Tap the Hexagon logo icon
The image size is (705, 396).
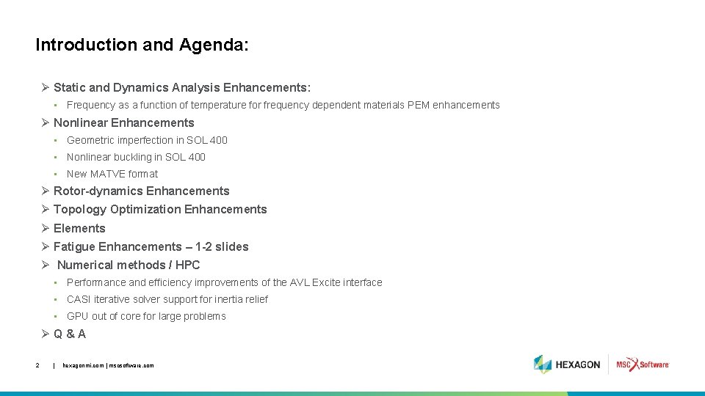coord(543,364)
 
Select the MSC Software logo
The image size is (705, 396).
coord(643,364)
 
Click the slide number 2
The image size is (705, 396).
coord(37,364)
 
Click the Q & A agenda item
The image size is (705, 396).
coord(70,334)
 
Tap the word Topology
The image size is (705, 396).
coord(80,209)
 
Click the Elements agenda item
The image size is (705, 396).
coord(79,228)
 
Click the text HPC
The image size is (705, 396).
coord(188,265)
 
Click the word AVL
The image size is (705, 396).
coord(300,282)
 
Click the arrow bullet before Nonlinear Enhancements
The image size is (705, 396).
coord(45,122)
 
